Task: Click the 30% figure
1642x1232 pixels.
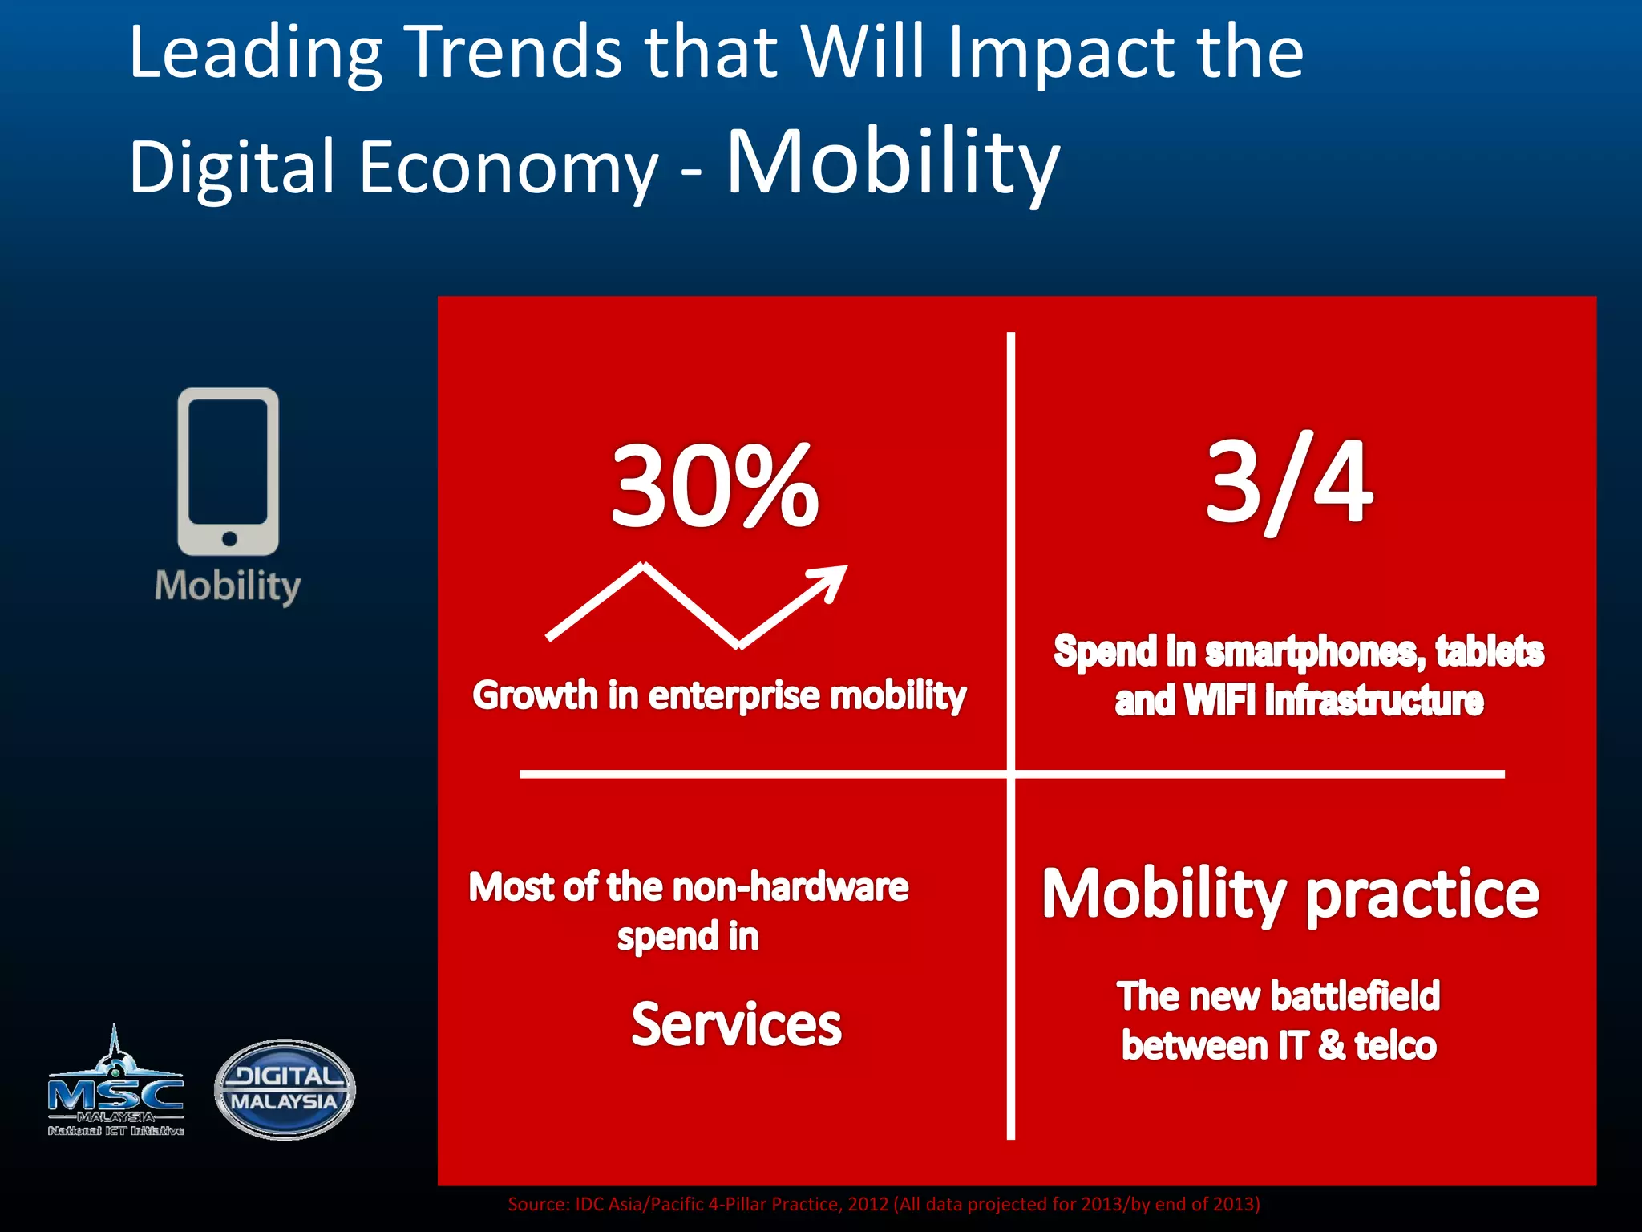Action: tap(714, 487)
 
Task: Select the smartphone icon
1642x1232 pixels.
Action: tap(229, 472)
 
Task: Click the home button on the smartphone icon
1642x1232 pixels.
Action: tap(229, 538)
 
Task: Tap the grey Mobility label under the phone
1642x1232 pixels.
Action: tap(228, 586)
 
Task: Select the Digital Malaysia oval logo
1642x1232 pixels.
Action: tap(285, 1089)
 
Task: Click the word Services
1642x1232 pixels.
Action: tap(736, 1025)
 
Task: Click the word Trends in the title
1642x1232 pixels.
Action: tap(514, 52)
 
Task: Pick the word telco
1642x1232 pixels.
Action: tap(1395, 1046)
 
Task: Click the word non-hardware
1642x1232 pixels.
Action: tap(790, 887)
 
